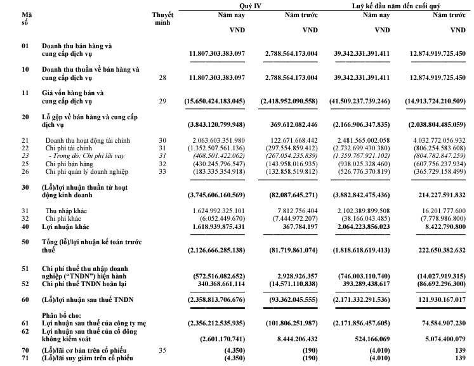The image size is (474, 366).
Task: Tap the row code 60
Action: [25, 299]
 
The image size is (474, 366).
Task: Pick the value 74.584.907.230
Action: [437, 322]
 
